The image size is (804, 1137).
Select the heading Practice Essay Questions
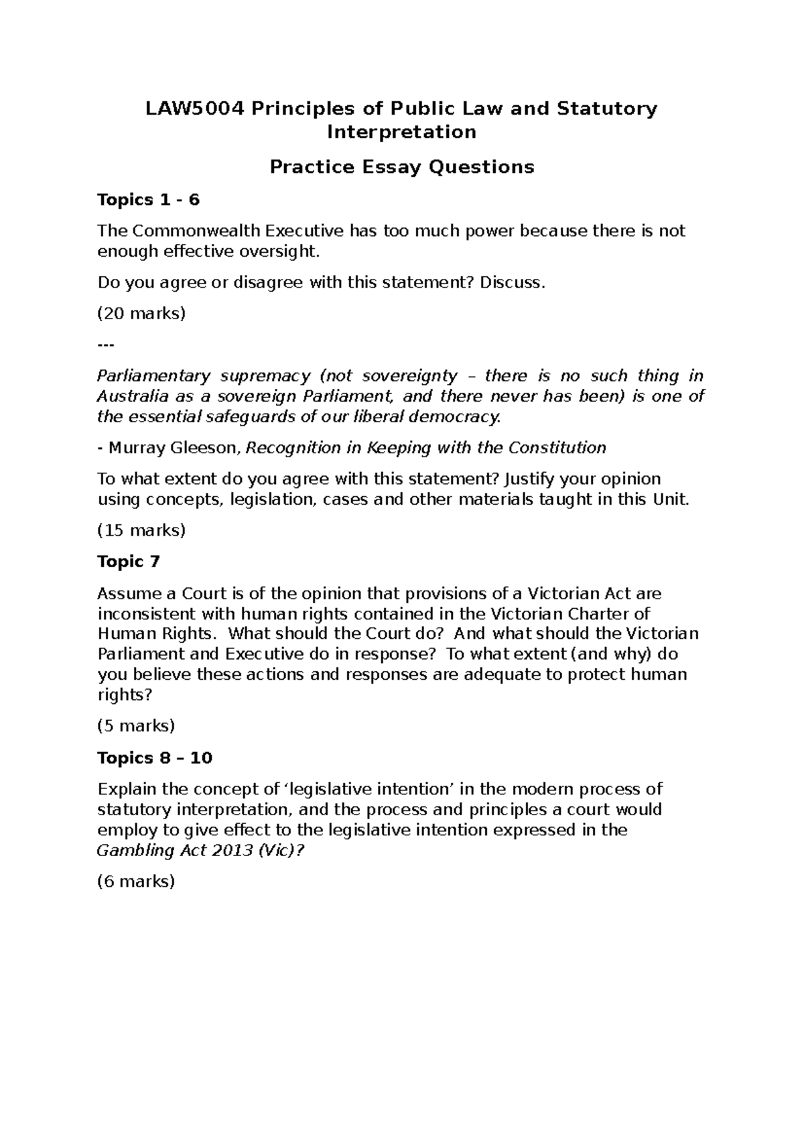402,166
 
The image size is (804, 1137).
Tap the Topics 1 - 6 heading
149,200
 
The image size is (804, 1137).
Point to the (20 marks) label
141,313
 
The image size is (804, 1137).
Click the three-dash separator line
106,345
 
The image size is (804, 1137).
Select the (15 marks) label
141,530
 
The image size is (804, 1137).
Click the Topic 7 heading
129,561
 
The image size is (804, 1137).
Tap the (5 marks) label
136,725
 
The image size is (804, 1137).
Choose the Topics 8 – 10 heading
155,758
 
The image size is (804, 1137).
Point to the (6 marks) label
136,881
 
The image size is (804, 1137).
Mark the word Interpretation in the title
401,132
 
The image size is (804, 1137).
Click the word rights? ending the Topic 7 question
125,695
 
